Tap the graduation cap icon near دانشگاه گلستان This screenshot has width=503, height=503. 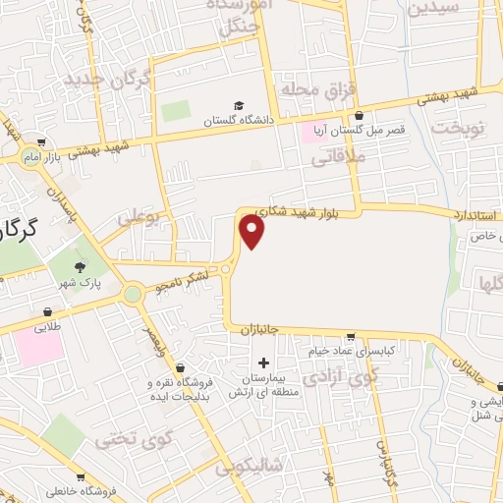tap(238, 105)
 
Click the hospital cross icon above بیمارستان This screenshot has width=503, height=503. tap(262, 363)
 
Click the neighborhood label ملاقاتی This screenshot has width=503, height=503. tap(338, 155)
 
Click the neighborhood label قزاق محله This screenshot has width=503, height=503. tap(316, 89)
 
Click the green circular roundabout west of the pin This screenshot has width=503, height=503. tap(133, 293)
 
